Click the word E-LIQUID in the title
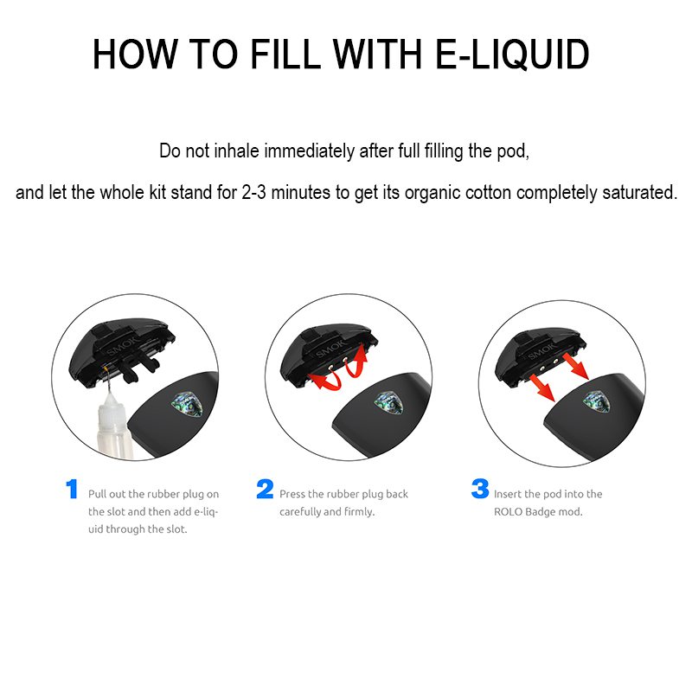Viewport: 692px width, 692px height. coord(512,54)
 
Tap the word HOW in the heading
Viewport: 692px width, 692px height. coord(134,54)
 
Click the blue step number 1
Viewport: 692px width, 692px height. coord(72,489)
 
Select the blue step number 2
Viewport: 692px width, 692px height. coord(265,489)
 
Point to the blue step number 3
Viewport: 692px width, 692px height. coord(480,489)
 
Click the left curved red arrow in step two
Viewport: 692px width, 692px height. coord(324,381)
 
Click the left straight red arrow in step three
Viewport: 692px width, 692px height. coord(542,387)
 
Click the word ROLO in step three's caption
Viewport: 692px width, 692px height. coord(508,512)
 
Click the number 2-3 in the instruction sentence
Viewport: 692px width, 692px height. coord(253,192)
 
